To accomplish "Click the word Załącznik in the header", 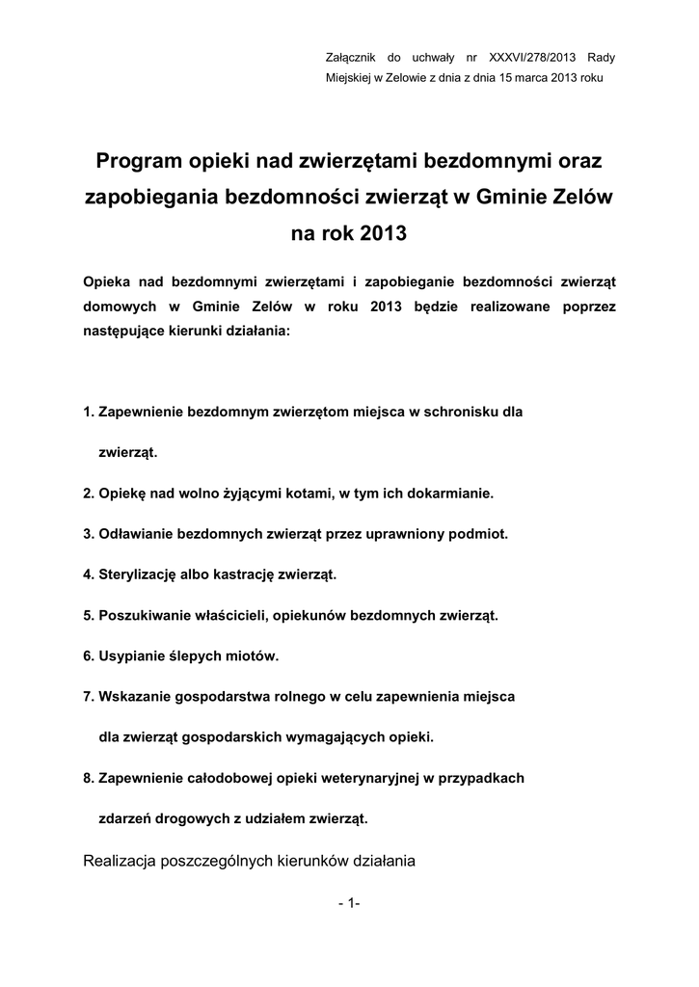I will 353,58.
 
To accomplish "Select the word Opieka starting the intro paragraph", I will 106,281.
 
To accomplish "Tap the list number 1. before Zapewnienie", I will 89,412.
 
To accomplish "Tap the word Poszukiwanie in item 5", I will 146,615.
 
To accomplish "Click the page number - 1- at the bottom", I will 349,903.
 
